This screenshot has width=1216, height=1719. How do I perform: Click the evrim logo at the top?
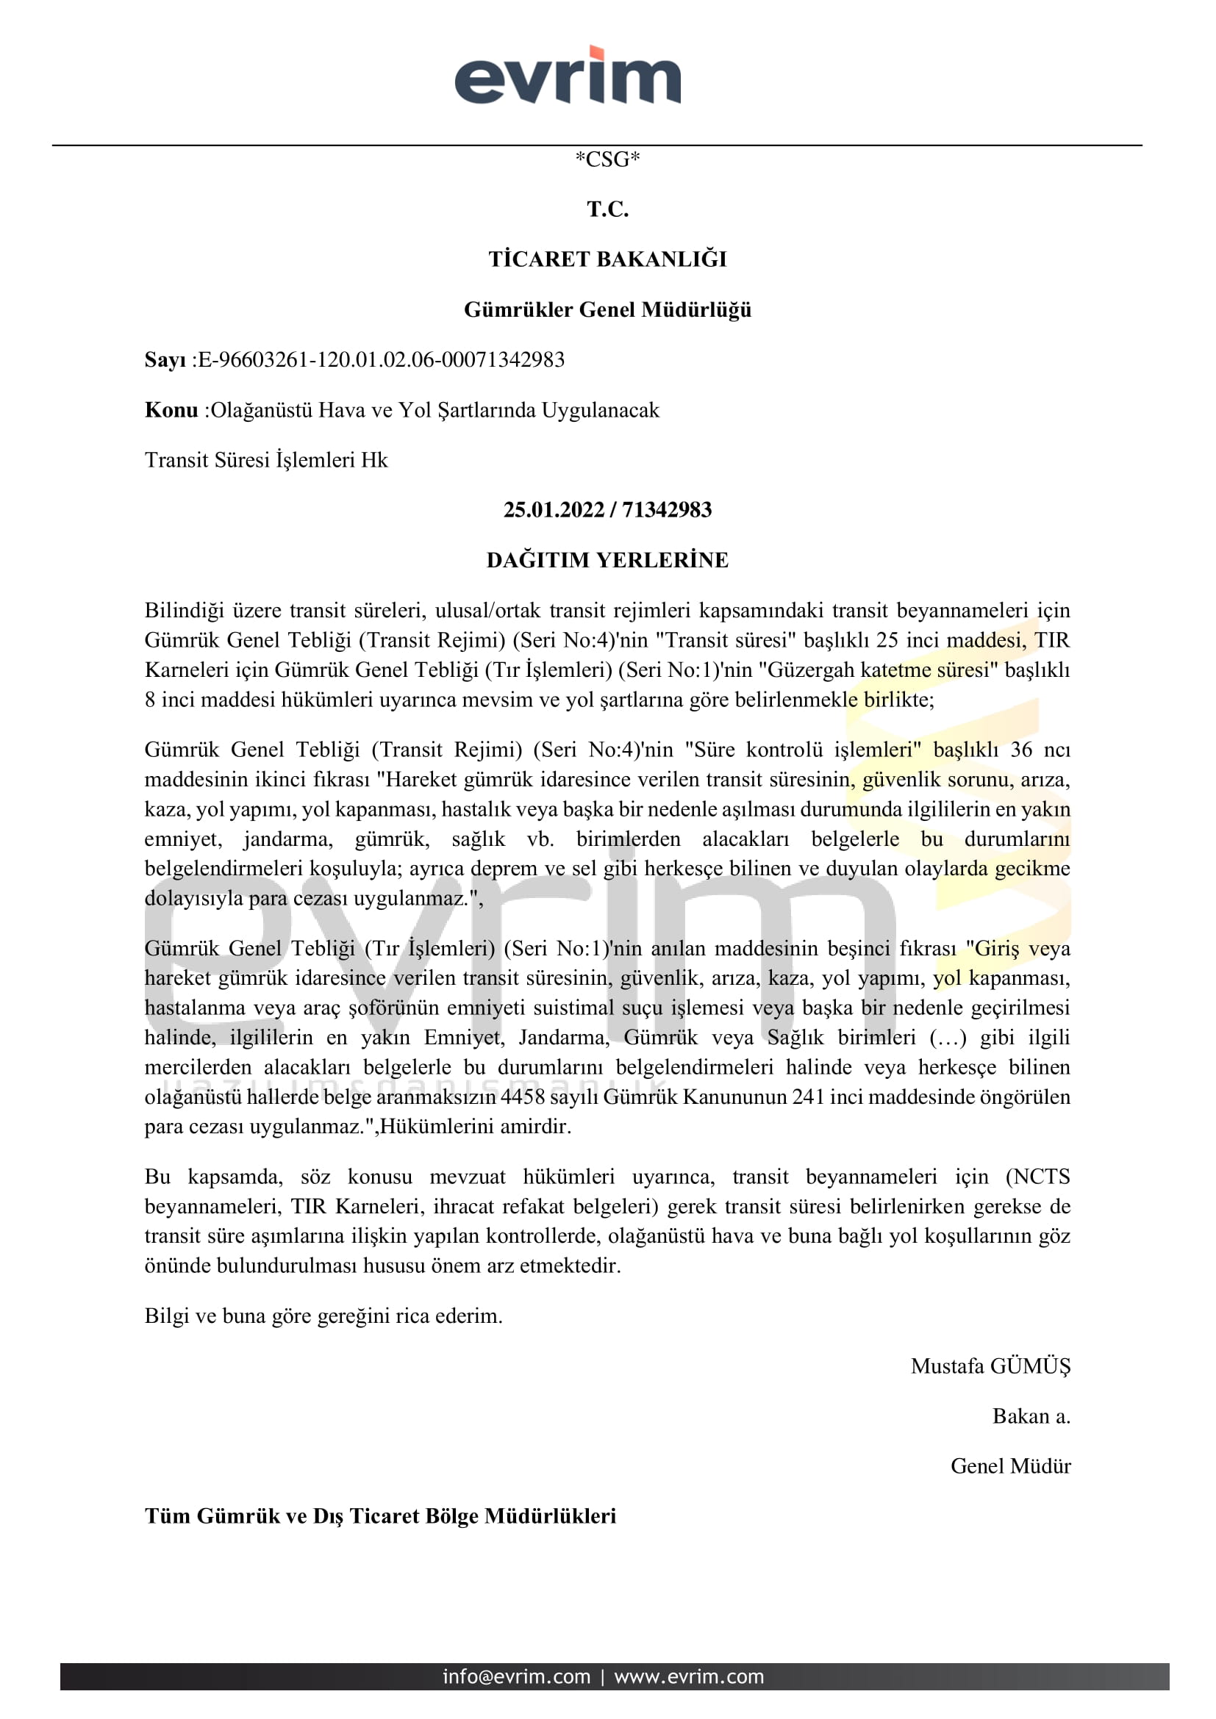tap(568, 76)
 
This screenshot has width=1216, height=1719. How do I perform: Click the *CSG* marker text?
tap(607, 159)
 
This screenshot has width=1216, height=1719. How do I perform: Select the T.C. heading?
tap(607, 209)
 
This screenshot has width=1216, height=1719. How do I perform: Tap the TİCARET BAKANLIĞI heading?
tap(607, 259)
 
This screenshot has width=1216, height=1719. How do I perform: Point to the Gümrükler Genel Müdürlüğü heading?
tap(607, 309)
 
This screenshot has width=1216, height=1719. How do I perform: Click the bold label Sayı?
tap(165, 360)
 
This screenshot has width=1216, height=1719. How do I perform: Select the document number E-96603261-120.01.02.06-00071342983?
tap(381, 360)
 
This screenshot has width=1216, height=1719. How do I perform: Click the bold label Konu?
tap(171, 410)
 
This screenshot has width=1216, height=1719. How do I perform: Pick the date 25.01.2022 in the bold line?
tap(554, 510)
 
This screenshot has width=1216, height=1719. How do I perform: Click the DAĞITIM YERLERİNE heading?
tap(607, 560)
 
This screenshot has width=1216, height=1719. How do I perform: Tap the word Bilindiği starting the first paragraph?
tap(184, 610)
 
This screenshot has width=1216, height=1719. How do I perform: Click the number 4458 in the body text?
tap(523, 1097)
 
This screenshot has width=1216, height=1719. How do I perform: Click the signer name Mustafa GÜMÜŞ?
tap(990, 1366)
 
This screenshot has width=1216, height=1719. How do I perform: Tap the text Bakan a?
tap(1030, 1416)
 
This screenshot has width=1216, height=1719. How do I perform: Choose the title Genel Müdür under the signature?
tap(1010, 1466)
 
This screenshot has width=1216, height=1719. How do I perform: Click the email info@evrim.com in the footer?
tap(516, 1677)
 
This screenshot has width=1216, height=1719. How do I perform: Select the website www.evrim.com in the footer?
tap(689, 1677)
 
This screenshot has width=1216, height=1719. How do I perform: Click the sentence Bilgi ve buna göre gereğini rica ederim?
tap(323, 1316)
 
